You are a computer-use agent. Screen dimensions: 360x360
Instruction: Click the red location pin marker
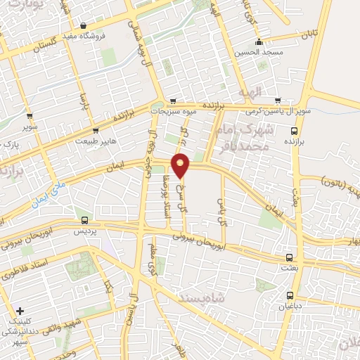pyautogui.click(x=181, y=165)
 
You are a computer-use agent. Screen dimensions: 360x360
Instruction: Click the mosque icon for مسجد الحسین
pyautogui.click(x=259, y=41)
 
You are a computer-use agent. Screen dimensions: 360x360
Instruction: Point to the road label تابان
pyautogui.click(x=311, y=34)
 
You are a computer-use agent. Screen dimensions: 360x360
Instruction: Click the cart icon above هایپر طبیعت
pyautogui.click(x=96, y=130)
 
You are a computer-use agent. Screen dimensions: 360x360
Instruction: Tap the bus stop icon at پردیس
pyautogui.click(x=85, y=220)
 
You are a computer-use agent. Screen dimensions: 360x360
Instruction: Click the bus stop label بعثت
pyautogui.click(x=290, y=269)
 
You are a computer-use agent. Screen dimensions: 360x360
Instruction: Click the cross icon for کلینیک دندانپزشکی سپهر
pyautogui.click(x=20, y=310)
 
